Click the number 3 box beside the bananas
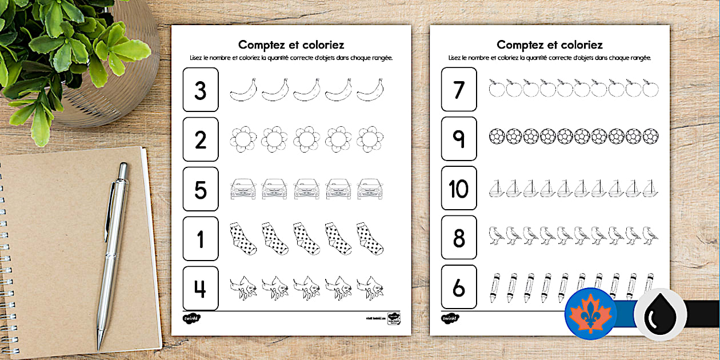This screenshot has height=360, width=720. pyautogui.click(x=201, y=90)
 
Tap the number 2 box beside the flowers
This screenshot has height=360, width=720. pyautogui.click(x=201, y=139)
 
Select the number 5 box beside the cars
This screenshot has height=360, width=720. pyautogui.click(x=201, y=189)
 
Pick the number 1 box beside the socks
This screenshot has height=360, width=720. pyautogui.click(x=201, y=239)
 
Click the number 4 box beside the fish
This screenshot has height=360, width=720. pyautogui.click(x=201, y=288)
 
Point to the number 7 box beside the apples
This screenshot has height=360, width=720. pyautogui.click(x=459, y=89)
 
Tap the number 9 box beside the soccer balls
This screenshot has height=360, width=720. pyautogui.click(x=459, y=139)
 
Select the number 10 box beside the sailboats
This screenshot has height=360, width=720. pyautogui.click(x=459, y=189)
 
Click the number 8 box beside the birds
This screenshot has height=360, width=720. pyautogui.click(x=459, y=238)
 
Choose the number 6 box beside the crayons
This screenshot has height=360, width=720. pyautogui.click(x=459, y=287)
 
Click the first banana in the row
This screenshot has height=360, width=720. pyautogui.click(x=243, y=90)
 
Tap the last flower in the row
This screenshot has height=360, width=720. pyautogui.click(x=370, y=139)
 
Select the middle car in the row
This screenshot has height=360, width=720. pyautogui.click(x=306, y=189)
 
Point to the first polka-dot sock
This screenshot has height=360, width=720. pyautogui.click(x=242, y=238)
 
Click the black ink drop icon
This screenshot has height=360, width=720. pyautogui.click(x=660, y=314)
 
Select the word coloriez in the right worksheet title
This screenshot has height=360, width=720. pyautogui.click(x=576, y=45)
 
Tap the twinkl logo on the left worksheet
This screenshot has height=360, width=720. pyautogui.click(x=191, y=318)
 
